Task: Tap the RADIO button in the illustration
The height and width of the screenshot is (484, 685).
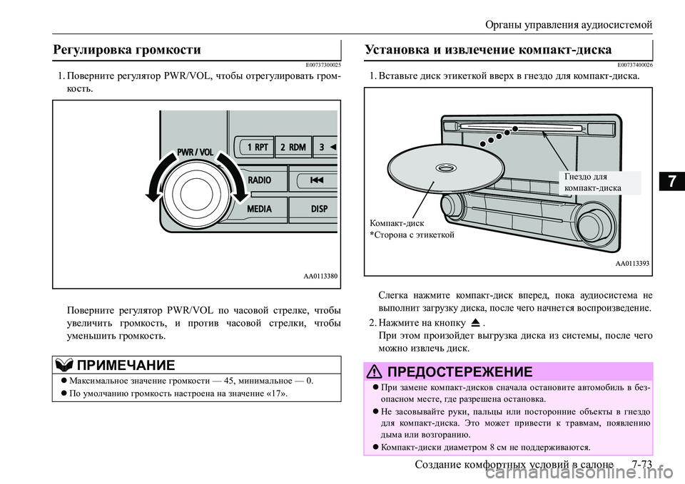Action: click(x=259, y=180)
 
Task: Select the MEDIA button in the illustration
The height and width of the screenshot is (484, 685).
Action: click(x=259, y=210)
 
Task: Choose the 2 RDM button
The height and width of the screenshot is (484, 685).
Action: click(x=293, y=147)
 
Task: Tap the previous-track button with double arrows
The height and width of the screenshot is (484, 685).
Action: click(x=316, y=180)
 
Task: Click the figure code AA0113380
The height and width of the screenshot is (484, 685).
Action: click(x=318, y=274)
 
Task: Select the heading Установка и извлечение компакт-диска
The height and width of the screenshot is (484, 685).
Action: click(x=488, y=50)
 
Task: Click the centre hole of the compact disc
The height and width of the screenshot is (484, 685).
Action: click(x=446, y=169)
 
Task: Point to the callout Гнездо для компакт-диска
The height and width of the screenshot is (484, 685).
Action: click(x=592, y=182)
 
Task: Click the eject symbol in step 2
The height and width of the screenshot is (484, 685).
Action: click(x=475, y=322)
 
